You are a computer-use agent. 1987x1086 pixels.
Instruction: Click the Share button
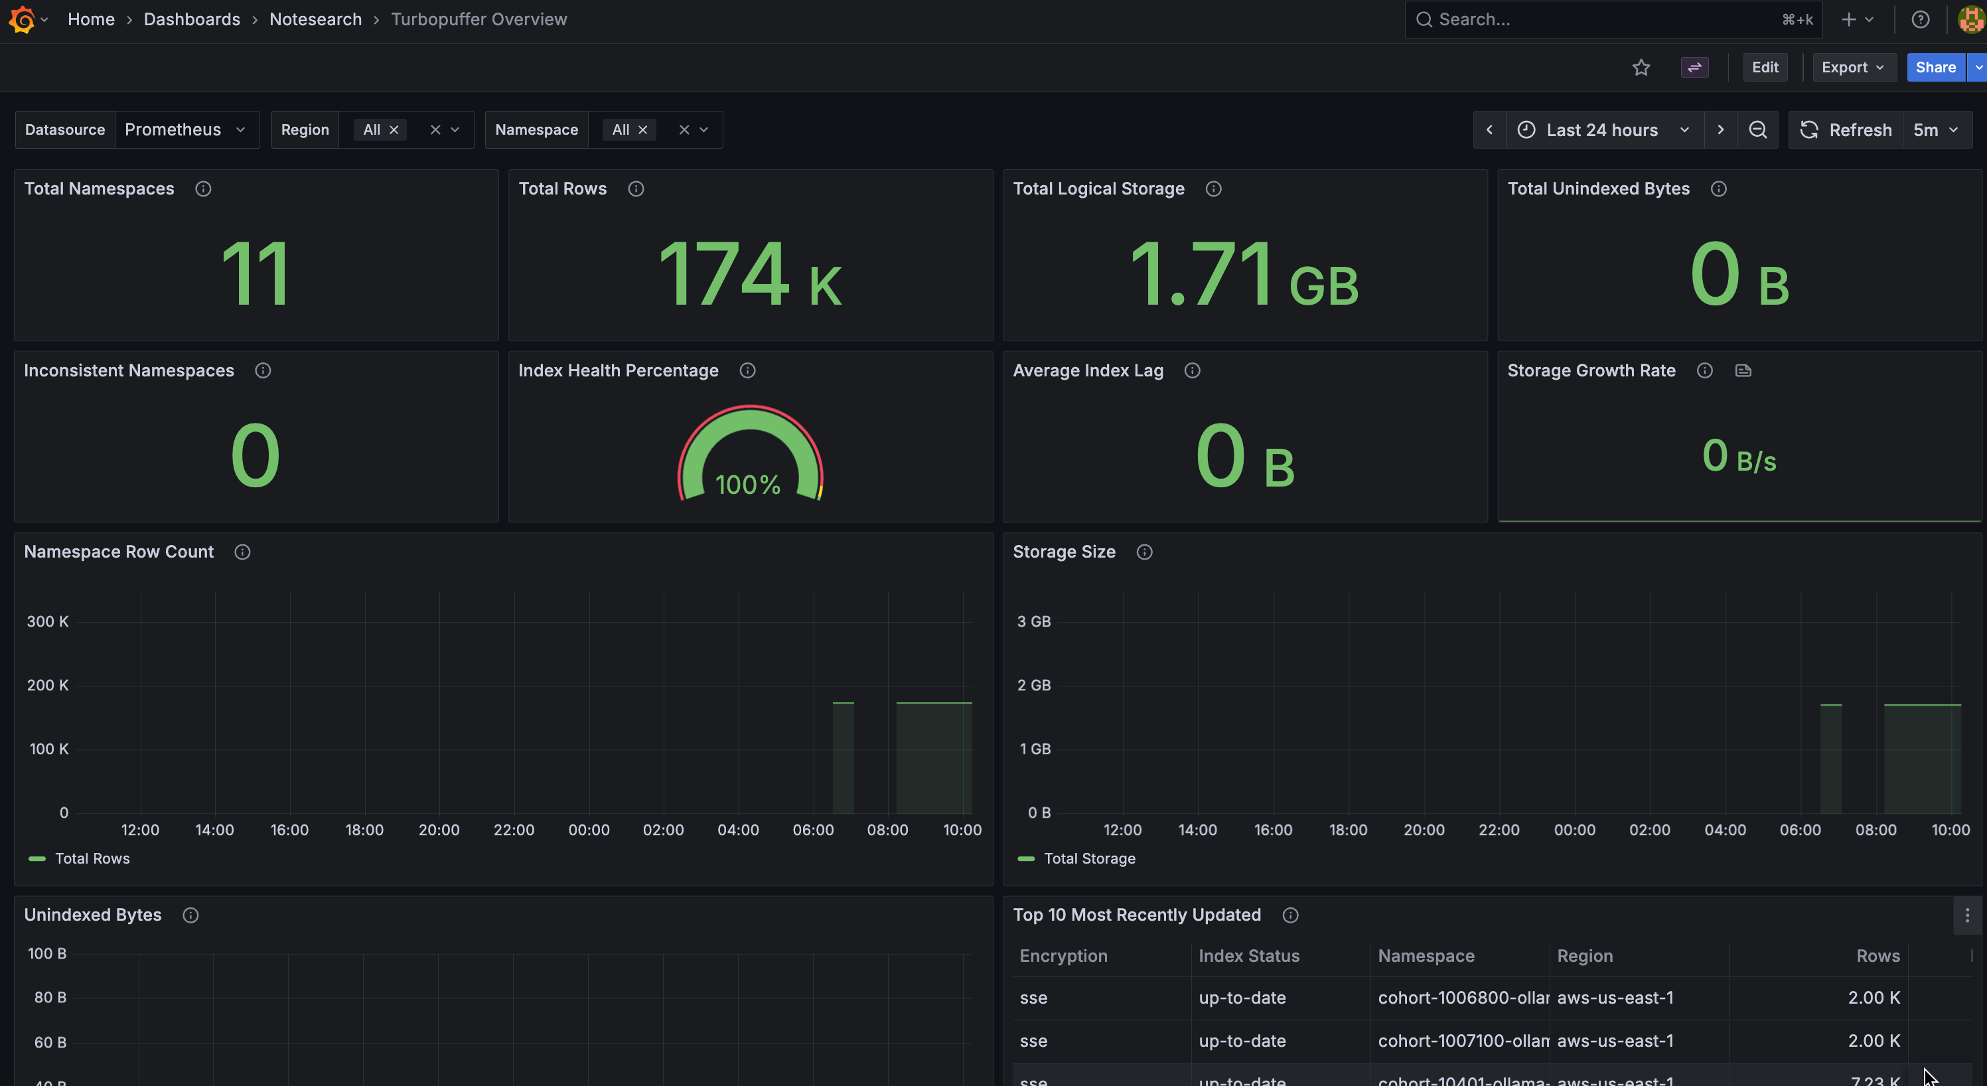[1935, 67]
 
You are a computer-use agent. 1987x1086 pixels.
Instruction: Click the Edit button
[1765, 67]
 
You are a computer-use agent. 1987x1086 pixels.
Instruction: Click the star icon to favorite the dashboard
[1641, 68]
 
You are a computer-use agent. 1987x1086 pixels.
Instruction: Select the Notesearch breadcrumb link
[315, 19]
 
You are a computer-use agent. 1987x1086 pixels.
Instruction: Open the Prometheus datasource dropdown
[185, 129]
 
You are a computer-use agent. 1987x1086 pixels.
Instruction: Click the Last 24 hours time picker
[1603, 129]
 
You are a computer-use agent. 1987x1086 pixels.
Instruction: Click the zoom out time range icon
[1757, 129]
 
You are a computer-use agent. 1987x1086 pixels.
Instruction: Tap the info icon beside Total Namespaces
[203, 189]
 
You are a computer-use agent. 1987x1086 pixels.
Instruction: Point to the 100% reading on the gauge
[747, 485]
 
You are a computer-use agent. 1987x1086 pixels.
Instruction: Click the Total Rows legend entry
[80, 858]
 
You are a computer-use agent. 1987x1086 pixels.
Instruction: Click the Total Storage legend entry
[1077, 858]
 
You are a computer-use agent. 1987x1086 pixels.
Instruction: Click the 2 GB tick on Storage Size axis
[1033, 685]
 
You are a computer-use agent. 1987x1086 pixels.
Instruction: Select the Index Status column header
[1249, 956]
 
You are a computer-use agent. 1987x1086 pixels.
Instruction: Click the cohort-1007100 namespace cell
[1463, 1040]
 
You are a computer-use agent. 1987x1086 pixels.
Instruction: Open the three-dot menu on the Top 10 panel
[1967, 915]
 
